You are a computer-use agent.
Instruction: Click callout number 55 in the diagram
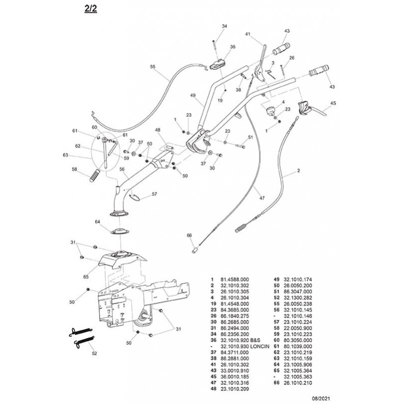pos(153,66)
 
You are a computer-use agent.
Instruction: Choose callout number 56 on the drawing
pos(121,170)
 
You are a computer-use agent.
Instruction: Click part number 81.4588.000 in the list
pos(239,279)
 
